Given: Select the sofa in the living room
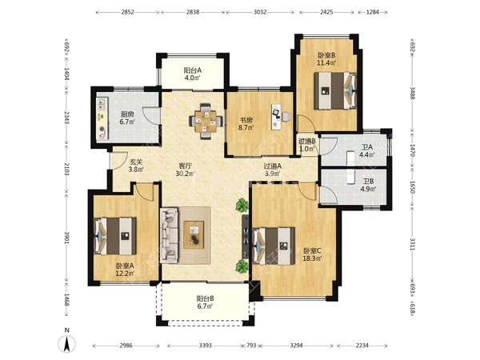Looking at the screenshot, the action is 169,235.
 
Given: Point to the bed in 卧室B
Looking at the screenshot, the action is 335,90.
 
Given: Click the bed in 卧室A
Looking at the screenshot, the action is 115,236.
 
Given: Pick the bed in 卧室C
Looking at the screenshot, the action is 274,246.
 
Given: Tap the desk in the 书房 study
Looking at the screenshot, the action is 277,116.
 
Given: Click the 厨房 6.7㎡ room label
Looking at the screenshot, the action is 127,118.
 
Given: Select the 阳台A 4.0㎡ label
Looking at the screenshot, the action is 193,74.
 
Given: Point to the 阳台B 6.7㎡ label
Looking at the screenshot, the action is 205,302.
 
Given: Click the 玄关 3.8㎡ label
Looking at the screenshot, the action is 136,166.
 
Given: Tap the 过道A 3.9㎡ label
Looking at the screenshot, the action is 273,170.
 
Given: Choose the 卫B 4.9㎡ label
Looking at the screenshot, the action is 368,186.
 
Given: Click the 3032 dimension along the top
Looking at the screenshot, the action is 260,12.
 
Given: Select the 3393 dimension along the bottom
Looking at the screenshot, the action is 206,346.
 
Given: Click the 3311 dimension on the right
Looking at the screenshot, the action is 412,244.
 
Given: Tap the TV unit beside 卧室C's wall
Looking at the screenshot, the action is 246,236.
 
